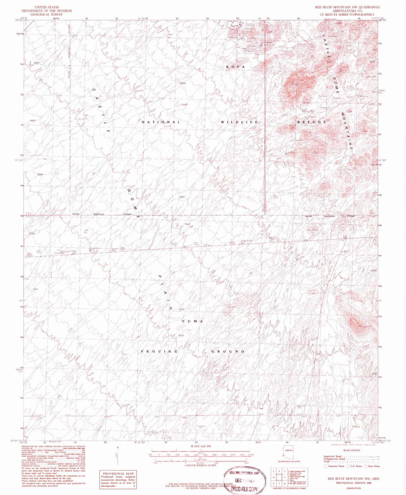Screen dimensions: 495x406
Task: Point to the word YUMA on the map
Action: pyautogui.click(x=192, y=321)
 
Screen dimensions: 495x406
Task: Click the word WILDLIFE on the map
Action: pyautogui.click(x=239, y=122)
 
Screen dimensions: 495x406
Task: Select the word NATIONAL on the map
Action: pyautogui.click(x=161, y=122)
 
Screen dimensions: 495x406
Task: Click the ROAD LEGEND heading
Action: pyautogui.click(x=351, y=451)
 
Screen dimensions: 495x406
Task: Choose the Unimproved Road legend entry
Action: pyautogui.click(x=334, y=459)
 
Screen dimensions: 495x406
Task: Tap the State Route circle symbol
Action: pyautogui.click(x=366, y=466)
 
